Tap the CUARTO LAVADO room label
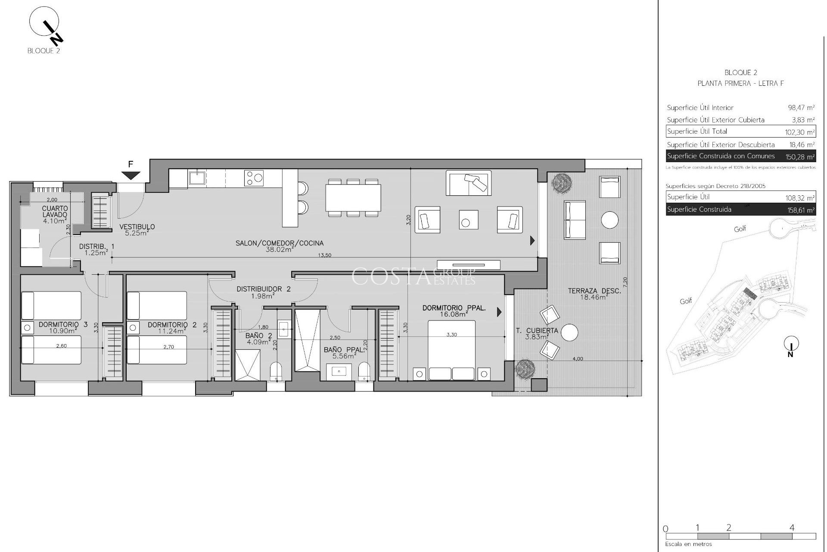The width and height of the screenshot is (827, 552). (55, 211)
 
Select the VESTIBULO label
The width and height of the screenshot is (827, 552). (137, 227)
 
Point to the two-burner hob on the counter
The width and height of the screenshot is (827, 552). (254, 178)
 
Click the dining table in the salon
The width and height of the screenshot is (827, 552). (353, 198)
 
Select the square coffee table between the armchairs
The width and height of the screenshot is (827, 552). (468, 220)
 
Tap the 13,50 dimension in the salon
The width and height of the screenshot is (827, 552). (324, 255)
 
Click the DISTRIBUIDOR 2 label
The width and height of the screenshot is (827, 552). (263, 289)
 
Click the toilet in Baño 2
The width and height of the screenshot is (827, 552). (276, 371)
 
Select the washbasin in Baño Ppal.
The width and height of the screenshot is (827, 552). (339, 372)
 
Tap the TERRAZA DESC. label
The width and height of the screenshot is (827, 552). (594, 291)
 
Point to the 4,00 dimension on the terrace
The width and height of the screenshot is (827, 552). (578, 359)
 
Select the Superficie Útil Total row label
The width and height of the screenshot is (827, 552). (696, 132)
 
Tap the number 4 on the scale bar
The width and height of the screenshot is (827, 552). (792, 527)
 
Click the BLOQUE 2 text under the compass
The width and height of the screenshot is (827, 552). (44, 51)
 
